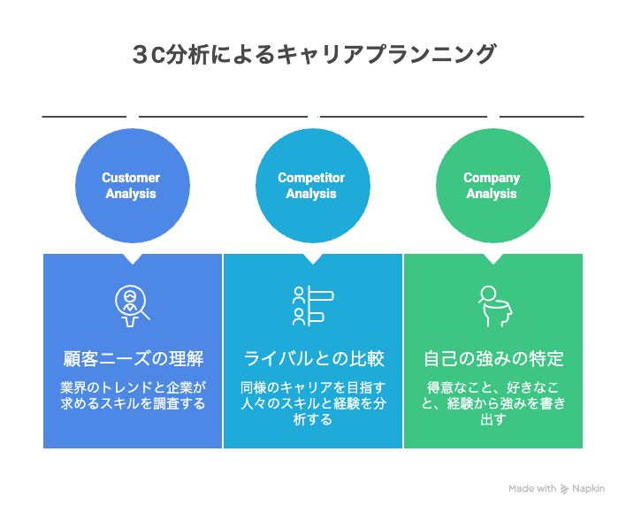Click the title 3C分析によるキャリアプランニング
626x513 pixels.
[313, 54]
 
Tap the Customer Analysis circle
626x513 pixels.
[131, 186]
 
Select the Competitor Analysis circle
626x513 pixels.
[311, 186]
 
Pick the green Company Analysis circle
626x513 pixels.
[492, 186]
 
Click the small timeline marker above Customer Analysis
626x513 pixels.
[133, 117]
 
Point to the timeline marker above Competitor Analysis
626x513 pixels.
[313, 117]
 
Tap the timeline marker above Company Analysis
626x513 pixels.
[493, 117]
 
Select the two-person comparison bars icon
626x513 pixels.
[312, 303]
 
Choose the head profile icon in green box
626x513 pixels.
[492, 303]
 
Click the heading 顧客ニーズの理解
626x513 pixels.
[133, 359]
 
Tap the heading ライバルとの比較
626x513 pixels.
[312, 359]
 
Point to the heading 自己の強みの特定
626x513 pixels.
[493, 359]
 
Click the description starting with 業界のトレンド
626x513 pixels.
[133, 396]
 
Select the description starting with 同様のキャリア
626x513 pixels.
[312, 403]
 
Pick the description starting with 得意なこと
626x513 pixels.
[493, 403]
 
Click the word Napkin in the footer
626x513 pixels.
[590, 488]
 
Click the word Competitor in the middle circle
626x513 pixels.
[311, 178]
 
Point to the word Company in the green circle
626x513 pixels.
[492, 178]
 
